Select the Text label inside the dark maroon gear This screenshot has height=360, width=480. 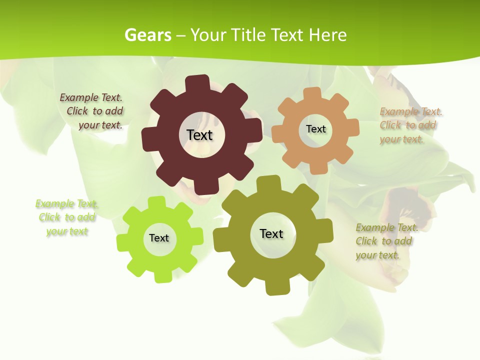click(200, 135)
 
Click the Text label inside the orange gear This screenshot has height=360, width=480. click(315, 129)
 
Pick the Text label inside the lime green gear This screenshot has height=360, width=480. click(159, 238)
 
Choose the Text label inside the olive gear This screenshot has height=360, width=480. click(271, 233)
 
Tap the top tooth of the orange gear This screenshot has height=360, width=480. click(312, 93)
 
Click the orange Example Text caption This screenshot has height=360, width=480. click(410, 125)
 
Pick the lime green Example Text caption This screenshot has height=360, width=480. click(66, 217)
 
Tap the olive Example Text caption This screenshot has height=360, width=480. click(386, 241)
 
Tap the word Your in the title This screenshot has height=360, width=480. click(210, 35)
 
